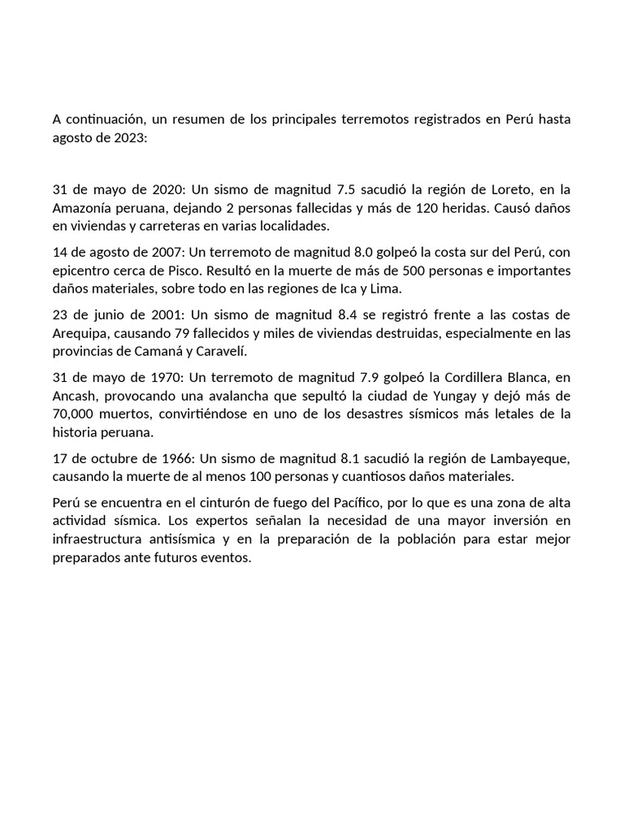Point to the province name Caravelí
[x=240, y=351]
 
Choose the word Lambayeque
[x=532, y=458]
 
